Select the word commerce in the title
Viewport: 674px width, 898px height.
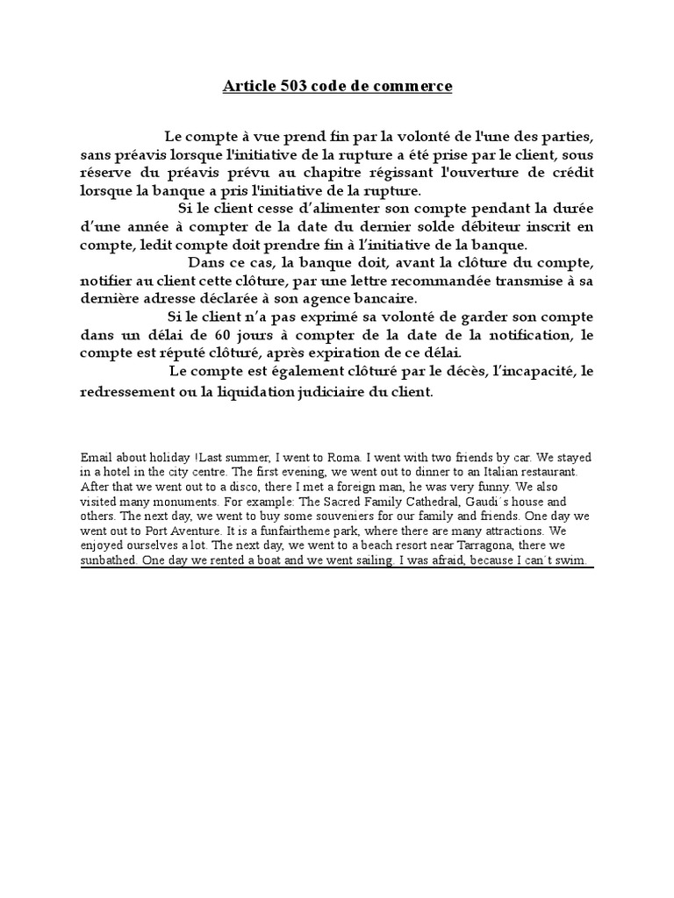click(414, 87)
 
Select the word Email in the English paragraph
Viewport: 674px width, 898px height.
click(97, 458)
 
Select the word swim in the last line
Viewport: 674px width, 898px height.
click(576, 561)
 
